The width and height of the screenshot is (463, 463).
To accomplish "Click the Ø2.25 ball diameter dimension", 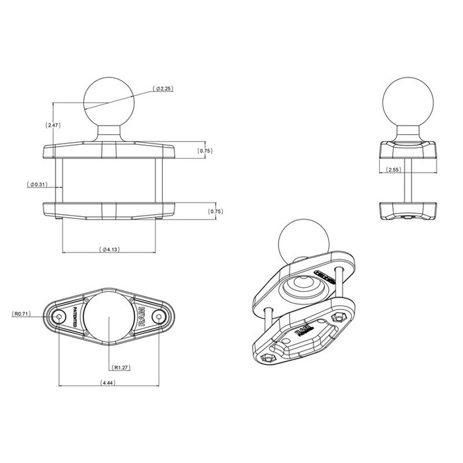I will [x=163, y=88].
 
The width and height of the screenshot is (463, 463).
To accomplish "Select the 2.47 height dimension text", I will [x=54, y=124].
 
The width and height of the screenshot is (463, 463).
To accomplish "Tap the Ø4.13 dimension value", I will [x=109, y=249].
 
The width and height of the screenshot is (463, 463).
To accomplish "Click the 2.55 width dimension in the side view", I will [x=395, y=170].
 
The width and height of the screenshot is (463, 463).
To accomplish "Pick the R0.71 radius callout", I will [x=22, y=315].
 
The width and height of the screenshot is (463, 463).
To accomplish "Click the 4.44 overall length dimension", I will [x=109, y=384].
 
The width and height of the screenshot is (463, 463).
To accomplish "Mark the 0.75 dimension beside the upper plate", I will [x=206, y=151].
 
